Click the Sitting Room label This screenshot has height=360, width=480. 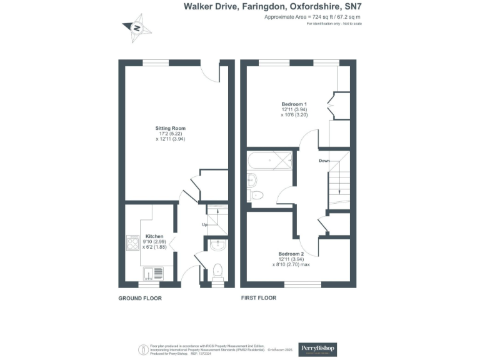click(171, 129)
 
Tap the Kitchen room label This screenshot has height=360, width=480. click(154, 236)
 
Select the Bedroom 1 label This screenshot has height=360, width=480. click(294, 103)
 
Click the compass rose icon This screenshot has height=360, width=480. click(137, 28)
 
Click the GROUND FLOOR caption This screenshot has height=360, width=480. click(140, 298)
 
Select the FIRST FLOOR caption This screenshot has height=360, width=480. click(259, 298)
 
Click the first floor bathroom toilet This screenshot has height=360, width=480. click(257, 196)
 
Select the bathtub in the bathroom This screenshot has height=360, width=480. click(270, 161)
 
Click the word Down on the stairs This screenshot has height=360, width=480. click(324, 161)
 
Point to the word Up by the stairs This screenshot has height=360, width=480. click(204, 224)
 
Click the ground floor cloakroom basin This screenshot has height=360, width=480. click(217, 245)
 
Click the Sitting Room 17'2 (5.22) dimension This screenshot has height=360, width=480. click(171, 134)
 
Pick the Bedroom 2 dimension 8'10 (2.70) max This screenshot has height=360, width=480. click(291, 264)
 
